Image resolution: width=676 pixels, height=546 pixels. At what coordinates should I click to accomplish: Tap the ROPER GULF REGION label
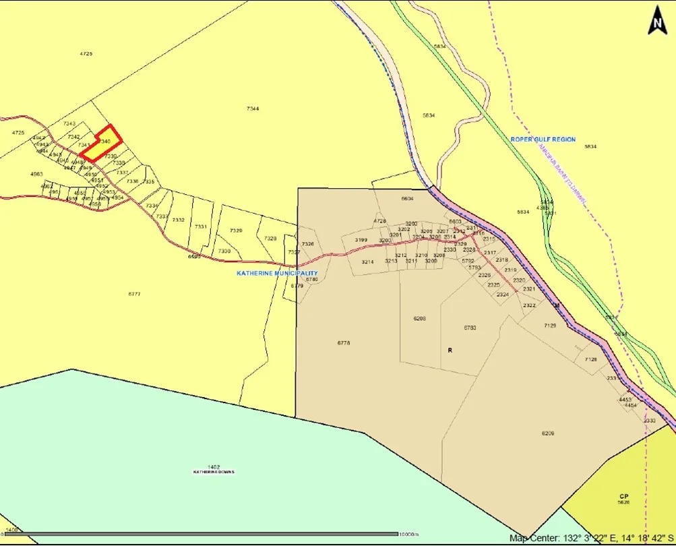click(x=543, y=140)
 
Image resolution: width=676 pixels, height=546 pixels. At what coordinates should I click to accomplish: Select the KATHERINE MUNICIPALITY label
click(x=276, y=273)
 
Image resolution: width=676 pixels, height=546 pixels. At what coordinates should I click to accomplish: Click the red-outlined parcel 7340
click(x=102, y=143)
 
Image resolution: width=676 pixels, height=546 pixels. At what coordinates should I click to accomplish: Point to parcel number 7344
click(x=253, y=109)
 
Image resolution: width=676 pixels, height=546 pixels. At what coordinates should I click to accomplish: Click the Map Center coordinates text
click(x=590, y=538)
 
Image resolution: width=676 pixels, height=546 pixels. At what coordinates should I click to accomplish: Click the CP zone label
click(x=624, y=496)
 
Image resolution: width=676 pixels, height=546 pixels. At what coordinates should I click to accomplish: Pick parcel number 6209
click(x=547, y=433)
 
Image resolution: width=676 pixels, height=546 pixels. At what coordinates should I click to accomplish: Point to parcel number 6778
click(x=344, y=343)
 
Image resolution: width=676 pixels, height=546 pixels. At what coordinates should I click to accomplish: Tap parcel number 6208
click(x=420, y=318)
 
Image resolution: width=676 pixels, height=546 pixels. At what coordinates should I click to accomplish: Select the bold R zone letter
click(x=449, y=351)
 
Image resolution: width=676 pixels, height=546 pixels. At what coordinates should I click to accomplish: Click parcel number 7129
click(x=550, y=326)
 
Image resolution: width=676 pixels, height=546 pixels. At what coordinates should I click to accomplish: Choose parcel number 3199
click(x=361, y=240)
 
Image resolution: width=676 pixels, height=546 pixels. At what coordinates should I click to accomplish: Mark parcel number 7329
click(x=235, y=231)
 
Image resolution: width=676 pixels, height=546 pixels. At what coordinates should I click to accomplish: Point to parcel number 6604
click(x=407, y=199)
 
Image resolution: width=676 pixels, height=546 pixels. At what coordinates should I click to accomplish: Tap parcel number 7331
click(x=201, y=226)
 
